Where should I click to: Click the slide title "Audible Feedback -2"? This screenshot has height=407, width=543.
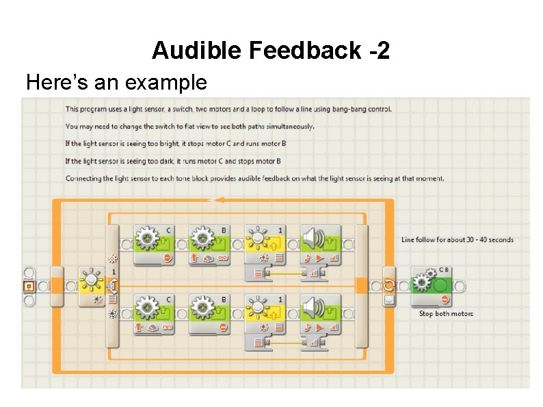pos(271,50)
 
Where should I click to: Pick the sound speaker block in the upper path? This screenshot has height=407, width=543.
pos(321,243)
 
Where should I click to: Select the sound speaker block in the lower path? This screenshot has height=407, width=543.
pos(321,313)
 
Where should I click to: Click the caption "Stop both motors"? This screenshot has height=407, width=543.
pos(446,314)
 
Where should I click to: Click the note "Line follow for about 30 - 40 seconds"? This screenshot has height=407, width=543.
pos(457,239)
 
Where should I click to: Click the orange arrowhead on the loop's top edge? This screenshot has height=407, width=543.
pos(217,200)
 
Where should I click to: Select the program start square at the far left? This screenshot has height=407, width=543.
pos(29,285)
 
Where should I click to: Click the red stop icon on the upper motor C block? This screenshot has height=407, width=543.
pos(168,258)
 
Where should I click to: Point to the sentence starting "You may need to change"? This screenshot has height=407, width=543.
pos(190,127)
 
